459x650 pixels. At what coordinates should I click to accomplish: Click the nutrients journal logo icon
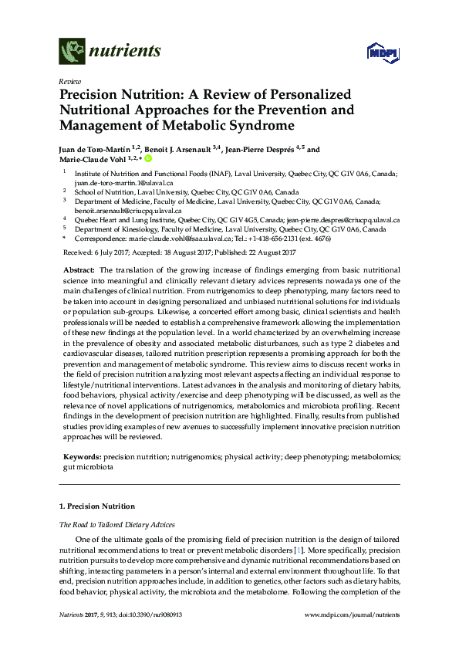point(72,52)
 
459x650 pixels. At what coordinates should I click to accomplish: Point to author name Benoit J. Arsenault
point(187,151)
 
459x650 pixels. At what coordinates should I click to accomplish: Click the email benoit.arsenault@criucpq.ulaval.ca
point(127,210)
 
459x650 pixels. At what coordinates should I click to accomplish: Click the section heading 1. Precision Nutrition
point(96,506)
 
